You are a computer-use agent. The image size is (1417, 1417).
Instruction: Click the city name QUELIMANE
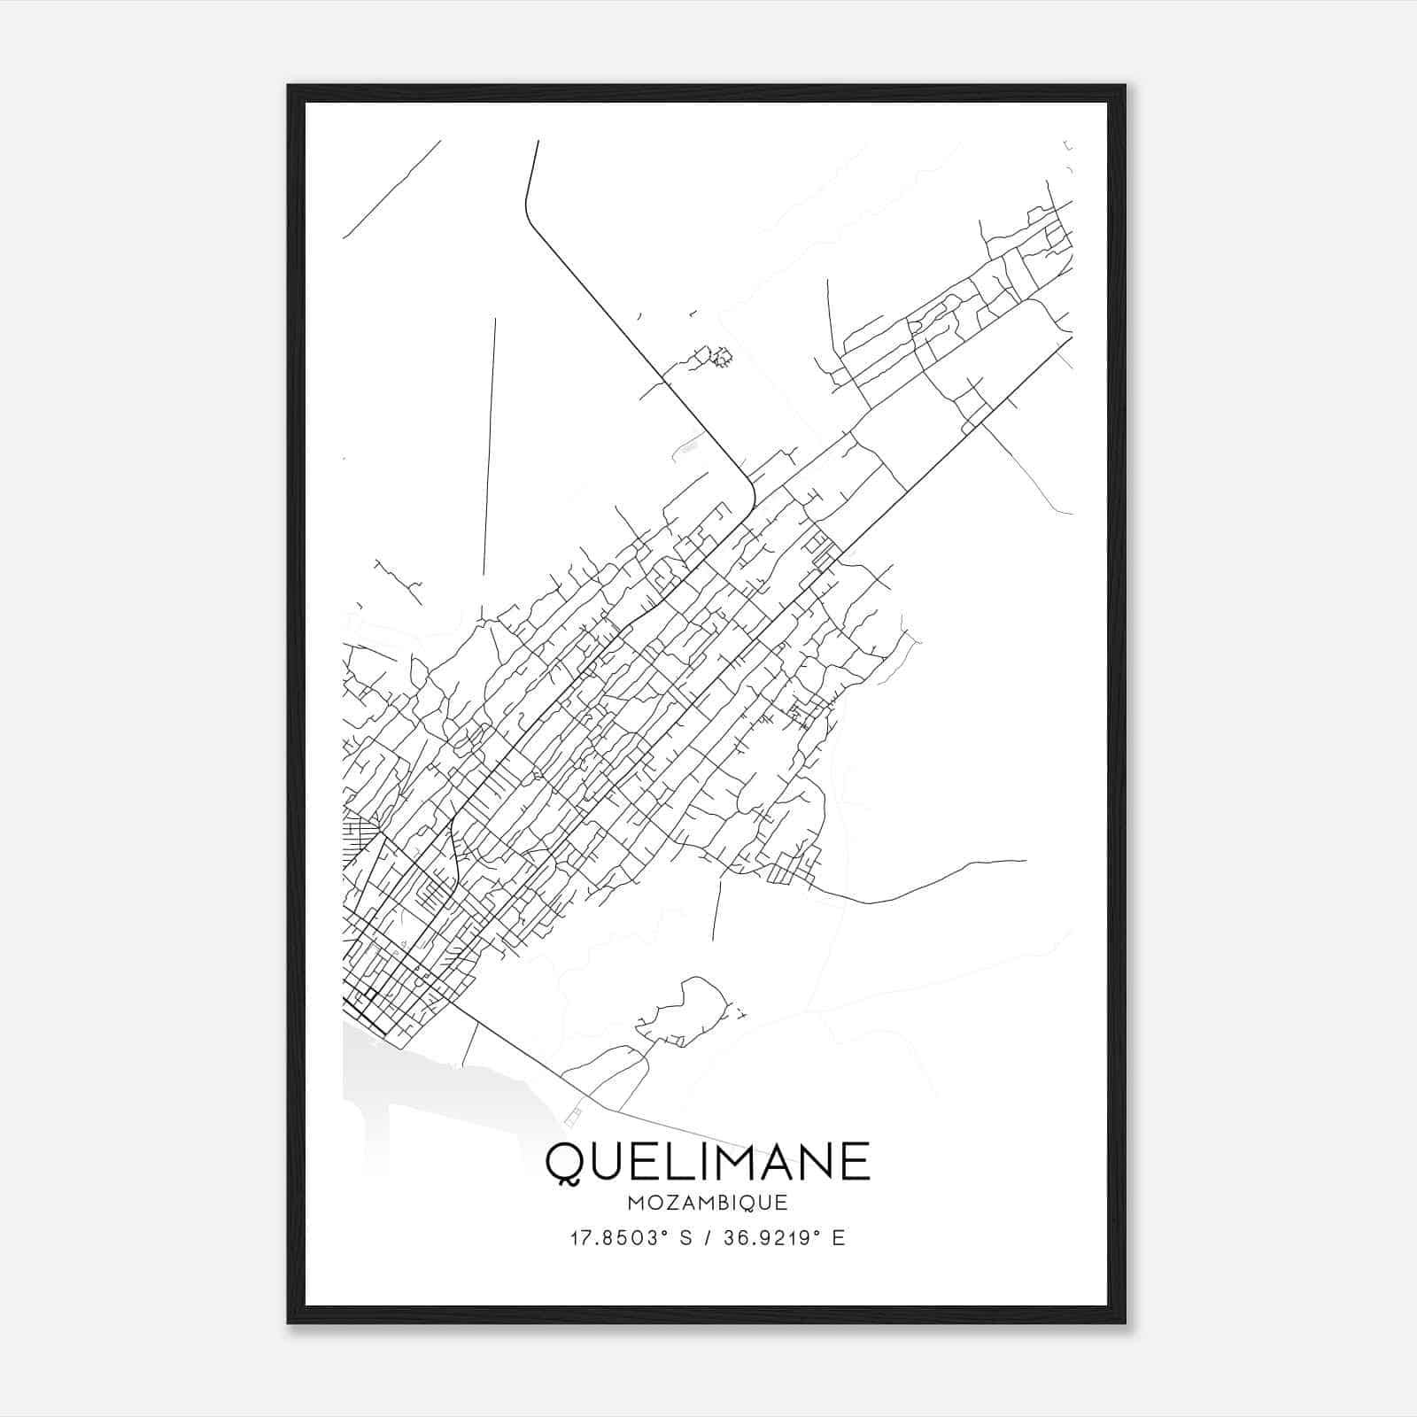(708, 1163)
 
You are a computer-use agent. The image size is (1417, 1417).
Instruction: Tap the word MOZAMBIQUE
(708, 1204)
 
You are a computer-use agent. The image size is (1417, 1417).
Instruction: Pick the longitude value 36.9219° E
(785, 1238)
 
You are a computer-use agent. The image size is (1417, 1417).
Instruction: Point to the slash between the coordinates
(708, 1238)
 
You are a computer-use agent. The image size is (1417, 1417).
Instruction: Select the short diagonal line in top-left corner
(391, 190)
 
